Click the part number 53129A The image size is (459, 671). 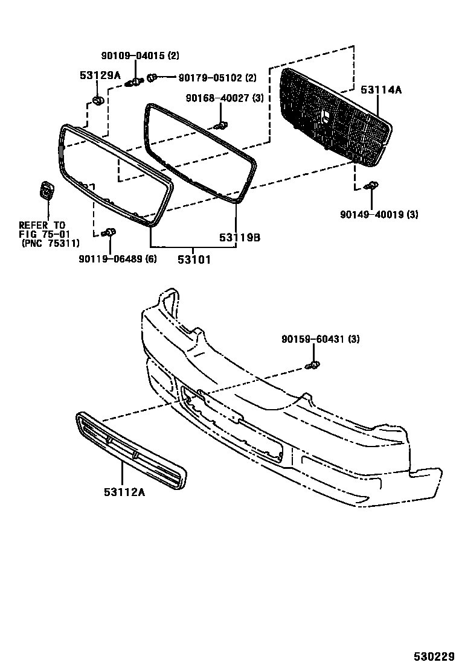(100, 75)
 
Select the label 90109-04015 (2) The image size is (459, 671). (140, 56)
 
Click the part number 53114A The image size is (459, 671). (382, 90)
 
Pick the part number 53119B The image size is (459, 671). (240, 238)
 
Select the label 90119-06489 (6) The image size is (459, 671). (117, 259)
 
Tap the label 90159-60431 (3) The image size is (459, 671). (320, 340)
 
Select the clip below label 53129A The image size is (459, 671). (97, 100)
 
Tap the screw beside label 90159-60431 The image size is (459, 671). (313, 364)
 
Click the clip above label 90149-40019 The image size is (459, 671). (372, 186)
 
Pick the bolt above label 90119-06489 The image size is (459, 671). (109, 232)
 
